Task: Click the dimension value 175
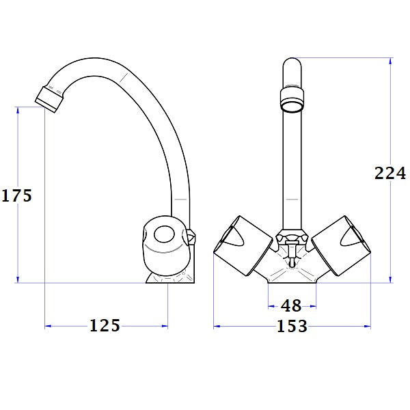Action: pyautogui.click(x=16, y=195)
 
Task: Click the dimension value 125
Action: pyautogui.click(x=105, y=326)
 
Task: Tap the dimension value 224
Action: pyautogui.click(x=390, y=173)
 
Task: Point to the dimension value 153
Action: pyautogui.click(x=292, y=327)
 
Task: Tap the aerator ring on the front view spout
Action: pyautogui.click(x=292, y=100)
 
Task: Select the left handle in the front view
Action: pyautogui.click(x=236, y=244)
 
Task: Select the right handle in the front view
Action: pyautogui.click(x=346, y=244)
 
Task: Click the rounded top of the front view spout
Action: pyautogui.click(x=292, y=65)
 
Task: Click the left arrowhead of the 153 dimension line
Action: pyautogui.click(x=217, y=327)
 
